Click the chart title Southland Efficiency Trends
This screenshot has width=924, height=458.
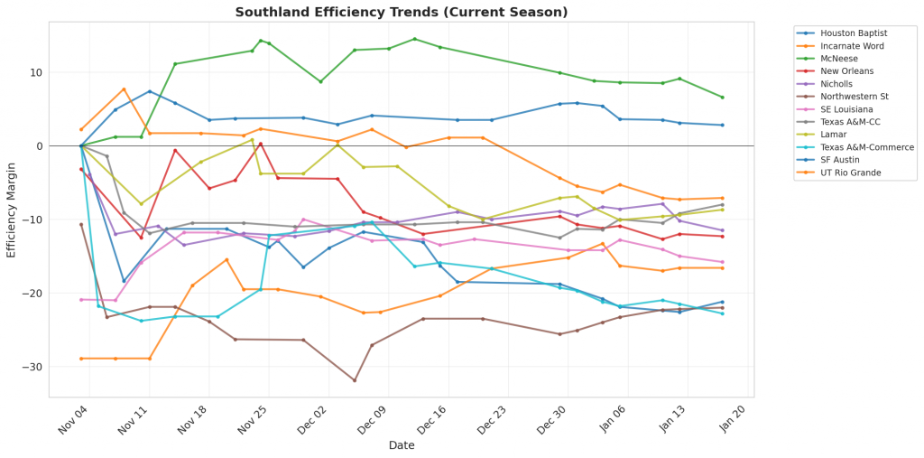(401, 12)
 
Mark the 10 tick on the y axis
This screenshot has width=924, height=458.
(36, 72)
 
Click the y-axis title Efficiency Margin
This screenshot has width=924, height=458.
(12, 209)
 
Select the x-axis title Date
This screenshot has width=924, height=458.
(402, 445)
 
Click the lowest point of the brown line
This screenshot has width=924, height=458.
(355, 380)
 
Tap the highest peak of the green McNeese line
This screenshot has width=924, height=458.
(414, 39)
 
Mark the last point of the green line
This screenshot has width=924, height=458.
(722, 98)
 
